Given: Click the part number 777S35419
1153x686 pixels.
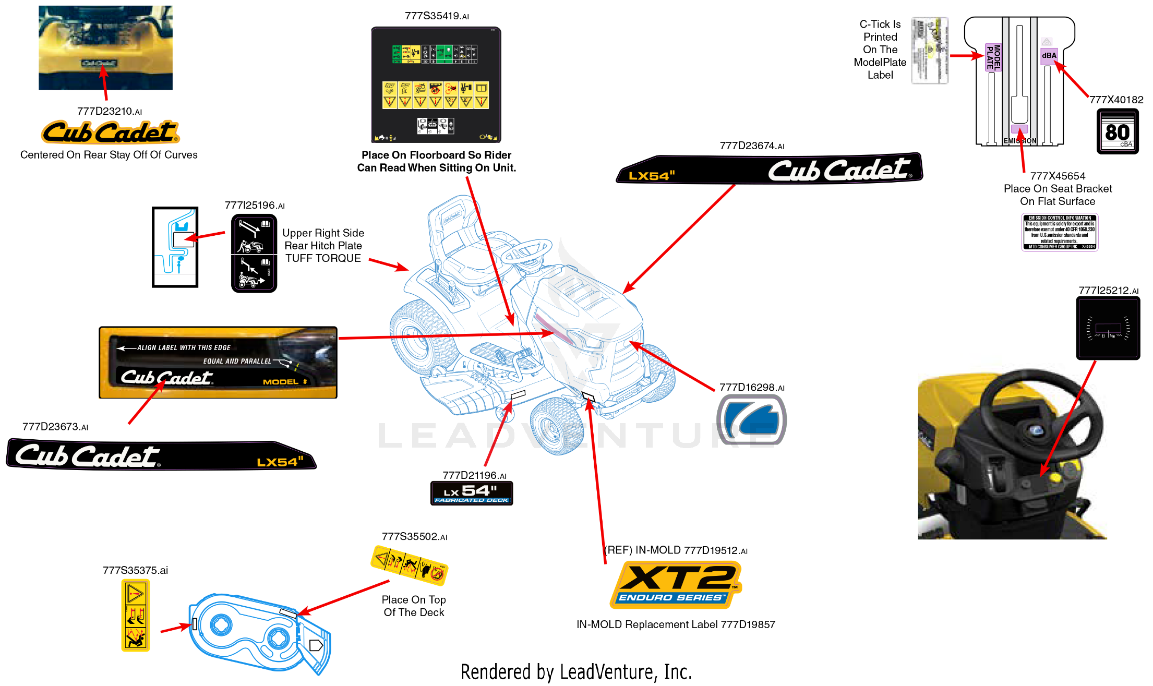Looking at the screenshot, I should (436, 16).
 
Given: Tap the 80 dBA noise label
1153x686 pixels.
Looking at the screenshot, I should (1118, 131).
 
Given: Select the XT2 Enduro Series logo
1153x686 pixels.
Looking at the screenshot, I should (676, 584).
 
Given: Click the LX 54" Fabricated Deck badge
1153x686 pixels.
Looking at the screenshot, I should (472, 493).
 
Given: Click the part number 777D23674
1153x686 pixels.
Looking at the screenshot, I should (751, 146).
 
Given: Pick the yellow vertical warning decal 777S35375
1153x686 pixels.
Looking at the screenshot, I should (136, 616).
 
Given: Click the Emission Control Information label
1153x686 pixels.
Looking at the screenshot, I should (1060, 232).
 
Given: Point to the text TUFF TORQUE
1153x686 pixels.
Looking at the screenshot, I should (323, 258).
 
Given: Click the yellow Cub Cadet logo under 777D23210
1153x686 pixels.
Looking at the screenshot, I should (110, 132).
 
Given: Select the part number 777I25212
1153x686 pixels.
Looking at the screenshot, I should (1108, 291).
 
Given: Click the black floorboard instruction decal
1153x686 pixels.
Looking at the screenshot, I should (436, 85).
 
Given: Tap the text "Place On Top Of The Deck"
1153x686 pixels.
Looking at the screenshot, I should (414, 606).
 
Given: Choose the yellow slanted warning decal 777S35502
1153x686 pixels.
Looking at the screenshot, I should (410, 565).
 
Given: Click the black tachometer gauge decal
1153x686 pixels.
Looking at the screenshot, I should (1108, 328).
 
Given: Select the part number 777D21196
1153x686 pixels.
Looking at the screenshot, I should (474, 475).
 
